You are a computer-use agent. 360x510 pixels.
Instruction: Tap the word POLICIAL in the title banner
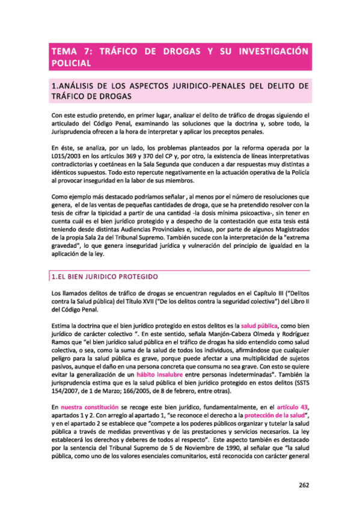tap(72, 63)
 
